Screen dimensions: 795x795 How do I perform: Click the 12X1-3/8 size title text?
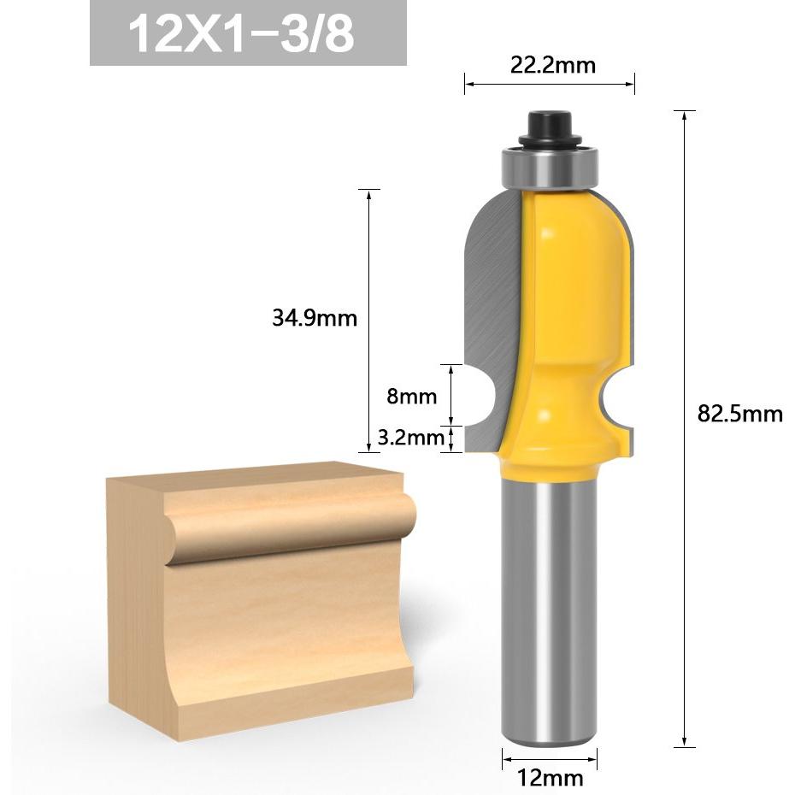pos(241,34)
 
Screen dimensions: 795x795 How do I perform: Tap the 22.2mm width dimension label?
pos(552,66)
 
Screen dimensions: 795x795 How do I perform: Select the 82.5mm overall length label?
pos(740,414)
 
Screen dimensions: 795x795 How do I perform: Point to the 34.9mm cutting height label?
pos(315,318)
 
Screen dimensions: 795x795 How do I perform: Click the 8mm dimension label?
pos(412,396)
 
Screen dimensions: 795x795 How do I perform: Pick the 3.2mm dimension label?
pos(410,437)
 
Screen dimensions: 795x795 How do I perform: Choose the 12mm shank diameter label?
pos(550,777)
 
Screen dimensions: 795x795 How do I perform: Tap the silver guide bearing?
pos(551,168)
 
